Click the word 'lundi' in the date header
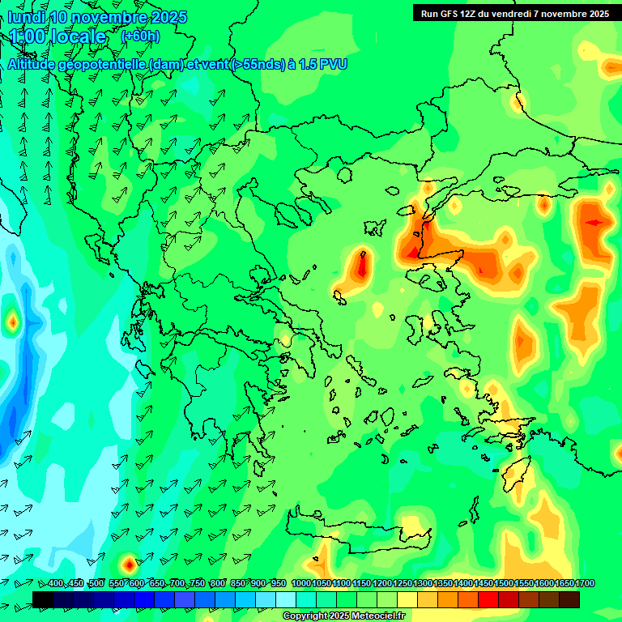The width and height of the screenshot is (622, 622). pos(27,17)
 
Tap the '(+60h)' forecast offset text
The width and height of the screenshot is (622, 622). pos(140,36)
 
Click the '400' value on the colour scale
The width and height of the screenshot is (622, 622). pos(55,584)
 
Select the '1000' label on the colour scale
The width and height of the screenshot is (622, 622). pos(301,584)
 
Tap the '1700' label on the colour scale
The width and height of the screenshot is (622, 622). pos(564,584)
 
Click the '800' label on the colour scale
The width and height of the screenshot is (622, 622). pos(217,584)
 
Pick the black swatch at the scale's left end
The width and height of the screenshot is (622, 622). pos(44,599)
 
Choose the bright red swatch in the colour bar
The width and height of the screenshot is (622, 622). pos(488,599)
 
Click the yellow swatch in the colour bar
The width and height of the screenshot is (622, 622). pos(407,599)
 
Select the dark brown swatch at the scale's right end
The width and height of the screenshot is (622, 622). pos(569,599)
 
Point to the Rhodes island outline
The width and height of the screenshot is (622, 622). pos(515,474)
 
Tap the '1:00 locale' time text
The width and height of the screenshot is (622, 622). pos(58,36)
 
